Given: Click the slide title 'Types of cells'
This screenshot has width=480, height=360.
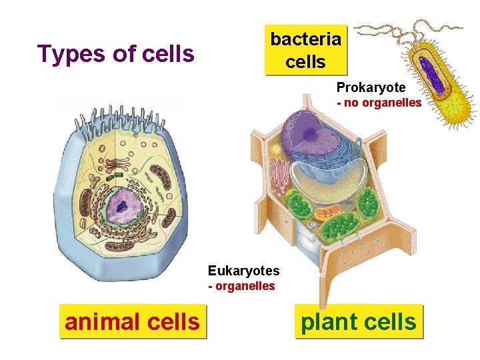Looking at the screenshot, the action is pyautogui.click(x=116, y=53).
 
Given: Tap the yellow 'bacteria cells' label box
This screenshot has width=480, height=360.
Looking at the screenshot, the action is pyautogui.click(x=306, y=50).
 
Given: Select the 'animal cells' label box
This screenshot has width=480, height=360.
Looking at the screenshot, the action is pyautogui.click(x=132, y=322).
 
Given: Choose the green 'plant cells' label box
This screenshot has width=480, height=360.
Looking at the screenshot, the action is pyautogui.click(x=359, y=322).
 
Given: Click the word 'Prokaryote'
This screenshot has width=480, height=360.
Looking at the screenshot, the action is pyautogui.click(x=371, y=88).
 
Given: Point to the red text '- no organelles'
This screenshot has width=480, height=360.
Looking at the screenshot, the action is pyautogui.click(x=379, y=103).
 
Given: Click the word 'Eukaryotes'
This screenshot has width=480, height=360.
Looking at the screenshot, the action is pyautogui.click(x=243, y=271).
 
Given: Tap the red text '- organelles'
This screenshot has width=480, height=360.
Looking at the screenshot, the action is pyautogui.click(x=241, y=286).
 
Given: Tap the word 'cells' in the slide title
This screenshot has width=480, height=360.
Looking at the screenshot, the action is pyautogui.click(x=168, y=53).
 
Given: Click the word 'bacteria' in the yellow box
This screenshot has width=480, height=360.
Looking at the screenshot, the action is pyautogui.click(x=306, y=39).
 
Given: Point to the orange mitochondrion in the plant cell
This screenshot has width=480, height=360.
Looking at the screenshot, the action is pyautogui.click(x=328, y=213).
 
